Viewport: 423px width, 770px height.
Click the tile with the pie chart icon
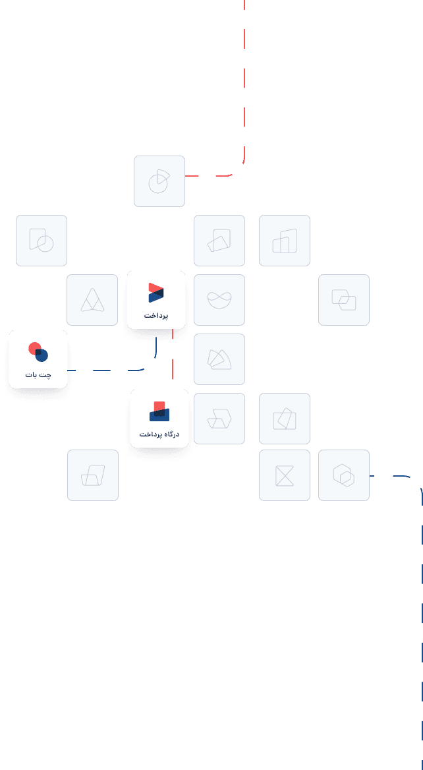pyautogui.click(x=159, y=181)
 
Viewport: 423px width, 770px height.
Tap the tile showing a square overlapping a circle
pyautogui.click(x=42, y=241)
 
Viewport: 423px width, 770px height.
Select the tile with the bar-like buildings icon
pyautogui.click(x=285, y=241)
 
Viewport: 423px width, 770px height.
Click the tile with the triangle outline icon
pyautogui.click(x=92, y=300)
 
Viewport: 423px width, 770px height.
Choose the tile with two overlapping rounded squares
pyautogui.click(x=344, y=300)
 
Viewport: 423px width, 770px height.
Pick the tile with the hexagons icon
pyautogui.click(x=344, y=475)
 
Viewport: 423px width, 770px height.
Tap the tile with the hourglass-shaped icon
pyautogui.click(x=285, y=475)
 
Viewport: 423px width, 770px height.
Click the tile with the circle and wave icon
pyautogui.click(x=219, y=300)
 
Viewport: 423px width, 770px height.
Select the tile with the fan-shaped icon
pyautogui.click(x=219, y=359)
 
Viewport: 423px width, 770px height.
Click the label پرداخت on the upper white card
pyautogui.click(x=156, y=316)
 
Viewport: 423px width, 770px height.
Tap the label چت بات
pyautogui.click(x=38, y=375)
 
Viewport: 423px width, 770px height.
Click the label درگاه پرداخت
pyautogui.click(x=159, y=434)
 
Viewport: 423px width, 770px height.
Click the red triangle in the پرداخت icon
pyautogui.click(x=155, y=288)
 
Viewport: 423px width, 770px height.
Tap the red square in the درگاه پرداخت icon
pyautogui.click(x=159, y=406)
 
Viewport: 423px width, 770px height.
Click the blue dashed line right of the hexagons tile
pyautogui.click(x=395, y=475)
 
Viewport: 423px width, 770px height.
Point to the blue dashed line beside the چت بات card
pyautogui.click(x=105, y=370)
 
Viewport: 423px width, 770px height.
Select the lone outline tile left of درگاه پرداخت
pyautogui.click(x=93, y=475)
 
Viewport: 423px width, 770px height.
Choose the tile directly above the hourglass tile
pyautogui.click(x=285, y=419)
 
